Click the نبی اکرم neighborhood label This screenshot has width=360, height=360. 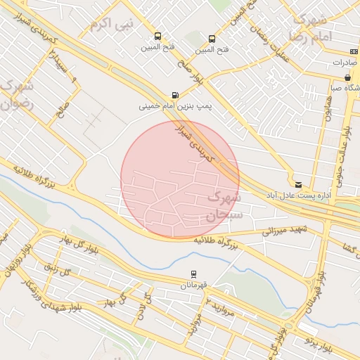coord(110,25)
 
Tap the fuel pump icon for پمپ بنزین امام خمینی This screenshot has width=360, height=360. coord(175,95)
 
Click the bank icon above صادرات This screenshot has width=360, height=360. coord(352,51)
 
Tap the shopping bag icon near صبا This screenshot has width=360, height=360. coord(347,77)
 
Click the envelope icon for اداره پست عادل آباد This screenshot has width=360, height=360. coord(299,184)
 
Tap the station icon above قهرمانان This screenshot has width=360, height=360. coord(193,274)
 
